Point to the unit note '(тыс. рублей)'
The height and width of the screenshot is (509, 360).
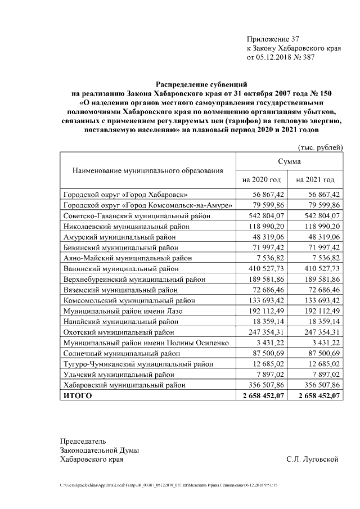pyautogui.click(x=319, y=147)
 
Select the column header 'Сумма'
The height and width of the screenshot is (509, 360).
pyautogui.click(x=289, y=161)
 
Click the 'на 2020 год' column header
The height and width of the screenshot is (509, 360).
pyautogui.click(x=262, y=180)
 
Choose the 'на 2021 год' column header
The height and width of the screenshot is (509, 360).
pyautogui.click(x=316, y=180)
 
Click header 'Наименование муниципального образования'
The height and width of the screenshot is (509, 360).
pyautogui.click(x=147, y=170)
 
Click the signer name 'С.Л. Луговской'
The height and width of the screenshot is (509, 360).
pyautogui.click(x=312, y=460)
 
